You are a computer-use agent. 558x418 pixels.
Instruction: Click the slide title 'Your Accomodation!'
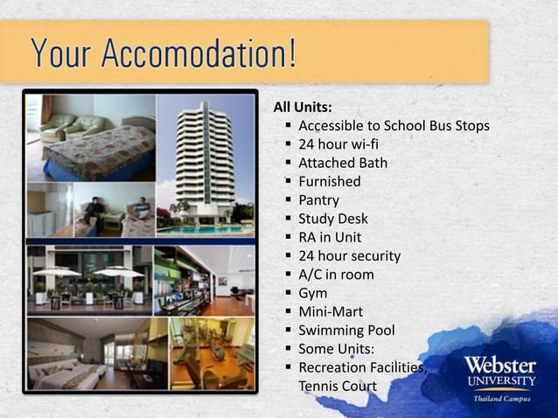click(164, 53)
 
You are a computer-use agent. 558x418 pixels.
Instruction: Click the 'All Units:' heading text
click(303, 108)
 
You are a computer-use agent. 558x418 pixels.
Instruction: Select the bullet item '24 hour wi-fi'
click(338, 144)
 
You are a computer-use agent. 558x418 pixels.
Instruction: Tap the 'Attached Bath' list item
click(343, 163)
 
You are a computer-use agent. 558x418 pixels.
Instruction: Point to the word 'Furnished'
click(330, 182)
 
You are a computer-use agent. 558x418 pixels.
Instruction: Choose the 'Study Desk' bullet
click(333, 219)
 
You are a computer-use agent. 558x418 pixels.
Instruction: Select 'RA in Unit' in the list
click(330, 237)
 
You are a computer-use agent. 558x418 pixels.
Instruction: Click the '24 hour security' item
click(350, 256)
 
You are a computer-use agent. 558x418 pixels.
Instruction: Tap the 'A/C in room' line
click(336, 275)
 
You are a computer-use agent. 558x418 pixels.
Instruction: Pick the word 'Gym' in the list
click(313, 294)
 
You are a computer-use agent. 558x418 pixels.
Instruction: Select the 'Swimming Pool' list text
click(346, 331)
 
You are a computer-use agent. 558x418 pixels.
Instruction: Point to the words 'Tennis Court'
click(338, 387)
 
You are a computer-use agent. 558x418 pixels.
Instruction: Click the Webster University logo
click(499, 372)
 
